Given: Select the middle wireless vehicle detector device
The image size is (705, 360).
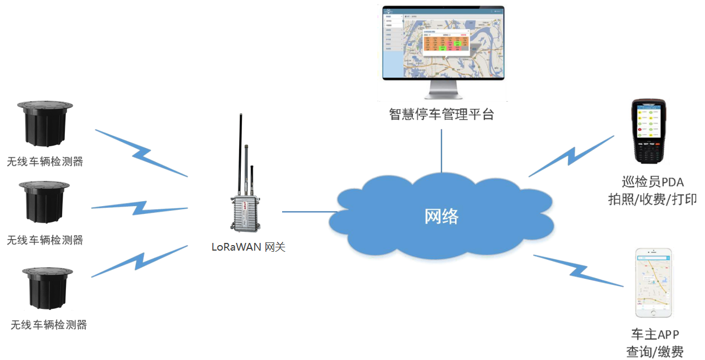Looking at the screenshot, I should [45, 202].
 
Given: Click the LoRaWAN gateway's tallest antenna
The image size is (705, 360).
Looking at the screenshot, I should [241, 154].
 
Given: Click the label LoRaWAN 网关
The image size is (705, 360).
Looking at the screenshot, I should [249, 247].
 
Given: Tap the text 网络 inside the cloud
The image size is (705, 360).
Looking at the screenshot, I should [442, 217].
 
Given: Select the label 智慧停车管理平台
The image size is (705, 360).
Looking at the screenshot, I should [442, 114].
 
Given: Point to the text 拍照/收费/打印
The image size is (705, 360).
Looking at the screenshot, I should [653, 199].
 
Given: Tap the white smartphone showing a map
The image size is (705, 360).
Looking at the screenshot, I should [654, 283].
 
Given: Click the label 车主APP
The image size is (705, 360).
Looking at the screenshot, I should [654, 334].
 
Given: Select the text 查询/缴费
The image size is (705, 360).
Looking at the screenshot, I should [654, 351].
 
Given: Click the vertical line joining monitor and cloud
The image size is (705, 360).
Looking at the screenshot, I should [442, 151].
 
